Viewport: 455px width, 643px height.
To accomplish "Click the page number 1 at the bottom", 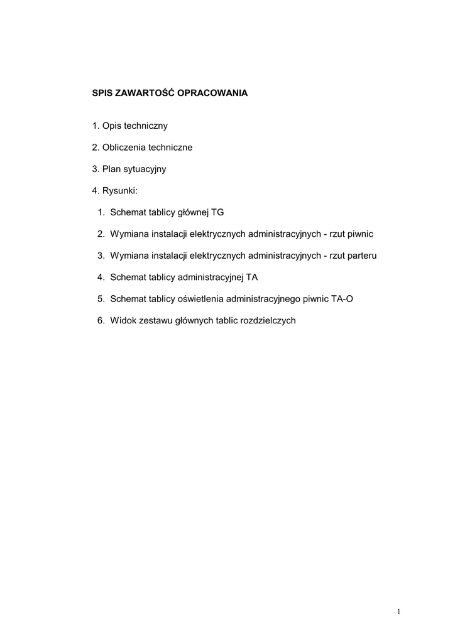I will tap(398, 612).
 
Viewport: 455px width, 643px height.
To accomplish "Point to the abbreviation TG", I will tap(217, 212).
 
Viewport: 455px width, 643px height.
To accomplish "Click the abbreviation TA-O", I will tap(342, 299).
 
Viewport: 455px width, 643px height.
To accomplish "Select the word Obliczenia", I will tap(123, 148).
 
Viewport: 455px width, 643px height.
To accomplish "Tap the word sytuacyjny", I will tap(144, 170).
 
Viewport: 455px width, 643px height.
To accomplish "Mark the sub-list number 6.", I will tap(101, 320).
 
